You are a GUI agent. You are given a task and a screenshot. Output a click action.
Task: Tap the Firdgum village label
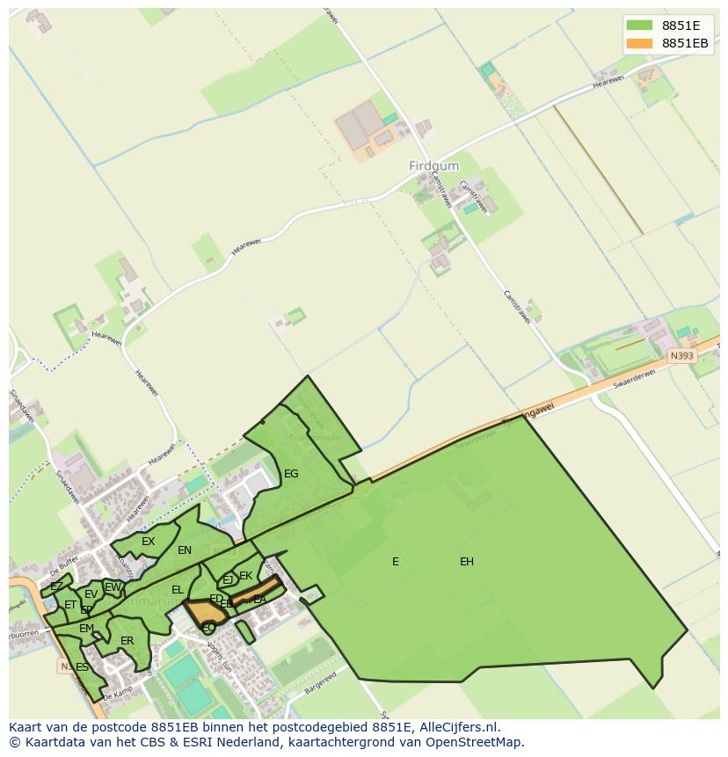click(433, 165)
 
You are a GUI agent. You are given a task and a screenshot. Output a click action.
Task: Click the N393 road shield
click(681, 356)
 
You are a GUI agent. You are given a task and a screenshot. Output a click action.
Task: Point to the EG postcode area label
click(291, 474)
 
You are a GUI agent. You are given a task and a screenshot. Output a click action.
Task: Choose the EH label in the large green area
click(467, 562)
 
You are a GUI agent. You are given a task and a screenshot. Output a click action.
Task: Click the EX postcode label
click(148, 542)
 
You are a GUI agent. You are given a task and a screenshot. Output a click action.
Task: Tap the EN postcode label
click(185, 551)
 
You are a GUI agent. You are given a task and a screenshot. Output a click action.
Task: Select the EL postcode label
click(178, 590)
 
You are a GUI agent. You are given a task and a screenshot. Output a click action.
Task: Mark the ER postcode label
click(127, 641)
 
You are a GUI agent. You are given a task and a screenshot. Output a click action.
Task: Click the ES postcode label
click(82, 667)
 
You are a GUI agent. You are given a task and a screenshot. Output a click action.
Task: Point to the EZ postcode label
click(56, 586)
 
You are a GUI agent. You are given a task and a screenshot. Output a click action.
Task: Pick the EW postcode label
click(113, 587)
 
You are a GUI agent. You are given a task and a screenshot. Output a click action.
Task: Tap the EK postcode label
click(246, 577)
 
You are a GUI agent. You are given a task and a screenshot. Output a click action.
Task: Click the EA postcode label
click(259, 600)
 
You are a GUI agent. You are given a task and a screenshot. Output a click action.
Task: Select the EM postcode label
click(86, 629)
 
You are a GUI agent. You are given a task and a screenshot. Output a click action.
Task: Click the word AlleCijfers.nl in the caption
click(455, 727)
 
